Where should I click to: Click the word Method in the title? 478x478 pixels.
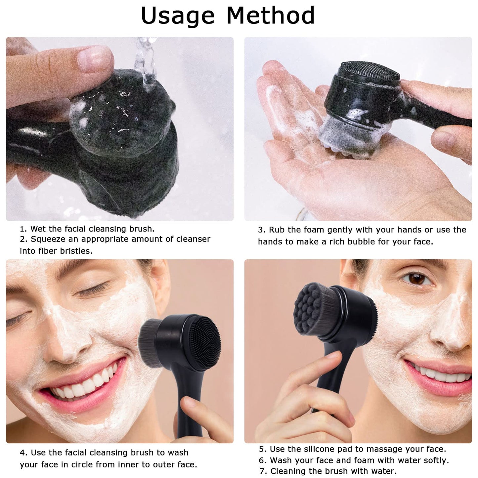pyautogui.click(x=270, y=16)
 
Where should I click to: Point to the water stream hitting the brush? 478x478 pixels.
pyautogui.click(x=145, y=63)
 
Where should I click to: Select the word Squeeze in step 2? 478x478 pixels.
pyautogui.click(x=50, y=239)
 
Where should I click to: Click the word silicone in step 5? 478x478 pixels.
pyautogui.click(x=319, y=449)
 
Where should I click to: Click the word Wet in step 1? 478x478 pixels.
pyautogui.click(x=36, y=229)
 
